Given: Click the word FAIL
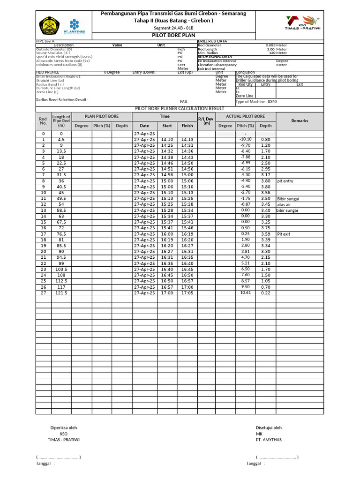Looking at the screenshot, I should tap(184, 101).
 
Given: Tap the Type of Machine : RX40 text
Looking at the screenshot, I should tap(256, 101).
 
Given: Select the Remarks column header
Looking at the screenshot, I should tap(300, 121).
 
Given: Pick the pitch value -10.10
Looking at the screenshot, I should tap(245, 139).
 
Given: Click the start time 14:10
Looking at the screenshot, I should tap(167, 139).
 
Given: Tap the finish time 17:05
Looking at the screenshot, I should tap(187, 293).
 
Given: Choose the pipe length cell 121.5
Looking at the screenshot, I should tap(61, 293).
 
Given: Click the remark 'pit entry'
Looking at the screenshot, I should tap(285, 181).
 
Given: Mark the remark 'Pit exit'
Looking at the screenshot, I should tap(284, 234).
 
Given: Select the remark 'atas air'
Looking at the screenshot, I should tap(284, 204).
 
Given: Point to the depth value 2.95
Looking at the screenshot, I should tap(265, 169).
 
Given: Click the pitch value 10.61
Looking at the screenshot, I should tap(245, 293).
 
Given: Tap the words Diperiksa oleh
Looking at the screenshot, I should tap(64, 427).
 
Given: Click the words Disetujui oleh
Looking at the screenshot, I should tap(269, 427).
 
